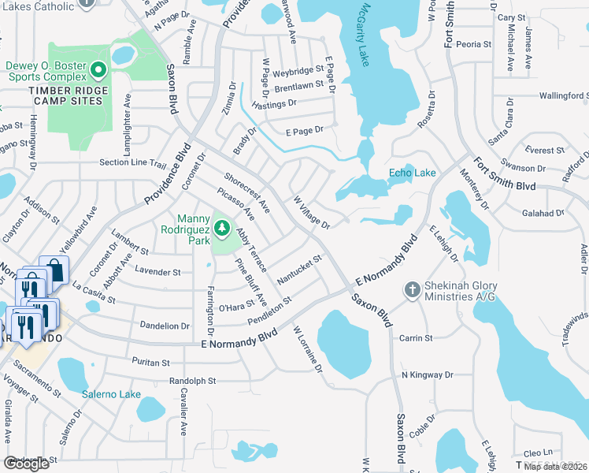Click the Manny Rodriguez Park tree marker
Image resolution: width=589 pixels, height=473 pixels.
click(223, 228)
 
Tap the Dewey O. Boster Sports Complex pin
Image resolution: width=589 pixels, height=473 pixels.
click(98, 72)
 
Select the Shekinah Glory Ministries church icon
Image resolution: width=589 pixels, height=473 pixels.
click(411, 290)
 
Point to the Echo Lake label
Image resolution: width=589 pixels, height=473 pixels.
click(412, 173)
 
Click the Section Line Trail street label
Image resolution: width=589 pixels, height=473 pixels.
click(133, 163)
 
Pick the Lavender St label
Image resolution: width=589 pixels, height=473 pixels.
click(157, 272)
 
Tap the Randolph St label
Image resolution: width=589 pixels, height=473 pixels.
click(192, 381)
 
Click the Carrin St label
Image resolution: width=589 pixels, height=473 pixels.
click(416, 337)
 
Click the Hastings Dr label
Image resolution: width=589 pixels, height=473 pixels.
click(274, 103)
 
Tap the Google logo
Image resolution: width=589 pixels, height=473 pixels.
click(26, 463)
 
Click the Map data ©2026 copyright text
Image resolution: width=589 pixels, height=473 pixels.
click(556, 466)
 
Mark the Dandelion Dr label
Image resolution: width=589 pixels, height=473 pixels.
click(165, 326)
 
